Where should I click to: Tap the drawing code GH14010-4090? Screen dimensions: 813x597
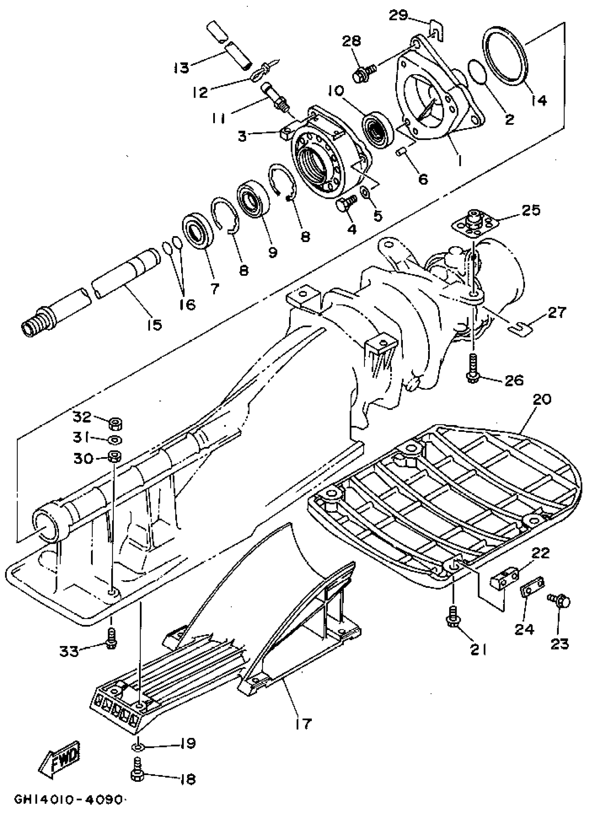click(x=70, y=799)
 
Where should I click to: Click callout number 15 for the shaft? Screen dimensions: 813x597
click(x=154, y=324)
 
